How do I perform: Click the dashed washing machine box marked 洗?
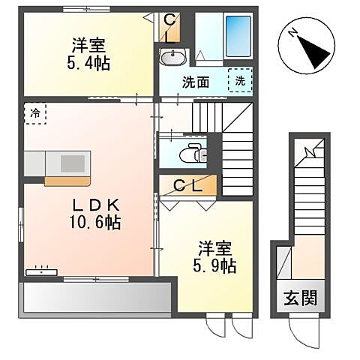[x=240, y=80]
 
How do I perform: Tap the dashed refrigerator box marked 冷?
[x=35, y=113]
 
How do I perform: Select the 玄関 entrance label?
[x=300, y=297]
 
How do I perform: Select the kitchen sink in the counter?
[x=73, y=163]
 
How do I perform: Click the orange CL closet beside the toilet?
[x=188, y=184]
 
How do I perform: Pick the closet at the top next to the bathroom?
[x=170, y=27]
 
